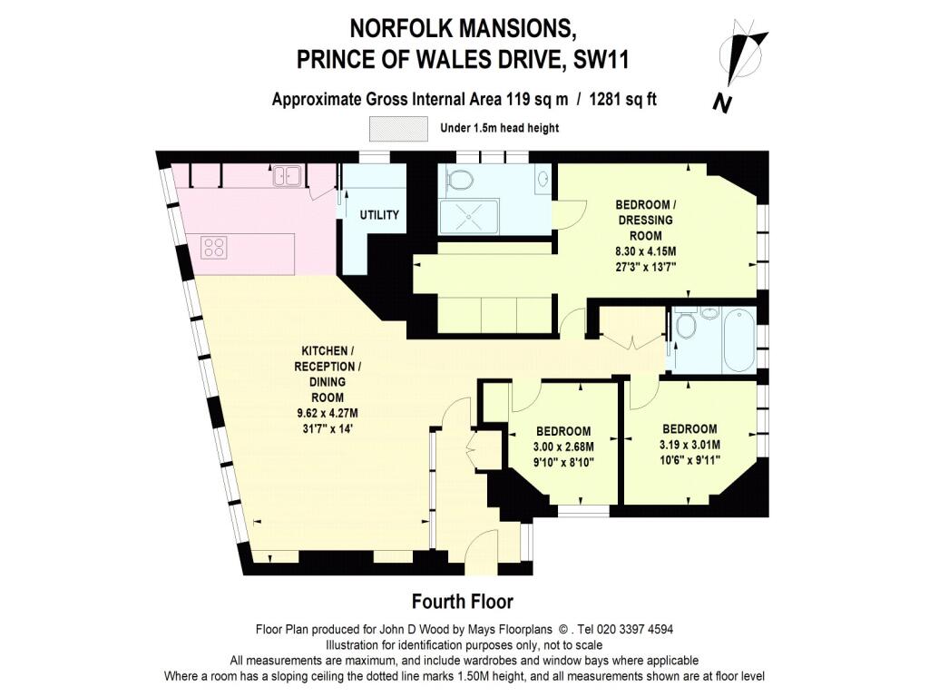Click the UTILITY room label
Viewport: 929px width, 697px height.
pyautogui.click(x=379, y=214)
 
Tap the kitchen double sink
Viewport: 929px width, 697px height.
pyautogui.click(x=287, y=176)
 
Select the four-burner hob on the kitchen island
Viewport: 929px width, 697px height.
pyautogui.click(x=214, y=247)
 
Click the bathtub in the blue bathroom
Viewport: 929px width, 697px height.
pyautogui.click(x=738, y=339)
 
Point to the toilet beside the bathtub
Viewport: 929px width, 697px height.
pyautogui.click(x=686, y=323)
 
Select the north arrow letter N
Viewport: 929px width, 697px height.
pyautogui.click(x=721, y=103)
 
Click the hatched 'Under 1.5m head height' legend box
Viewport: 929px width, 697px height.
pyautogui.click(x=399, y=129)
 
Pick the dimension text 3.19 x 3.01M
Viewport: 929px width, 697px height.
pyautogui.click(x=689, y=445)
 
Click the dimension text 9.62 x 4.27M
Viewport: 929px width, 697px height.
pyautogui.click(x=328, y=413)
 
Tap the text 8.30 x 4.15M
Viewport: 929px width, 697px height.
pyautogui.click(x=646, y=251)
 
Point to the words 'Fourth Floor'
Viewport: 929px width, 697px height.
pyautogui.click(x=463, y=602)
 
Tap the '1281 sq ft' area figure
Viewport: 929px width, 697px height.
pyautogui.click(x=623, y=100)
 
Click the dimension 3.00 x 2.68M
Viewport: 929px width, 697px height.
pyautogui.click(x=563, y=447)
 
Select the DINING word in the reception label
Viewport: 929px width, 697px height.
pyautogui.click(x=328, y=382)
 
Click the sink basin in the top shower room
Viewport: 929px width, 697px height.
pyautogui.click(x=543, y=179)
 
